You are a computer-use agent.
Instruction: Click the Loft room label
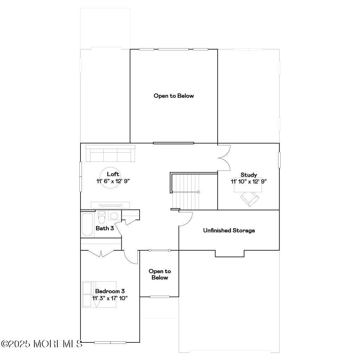pos(113,174)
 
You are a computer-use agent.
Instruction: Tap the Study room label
pos(249,175)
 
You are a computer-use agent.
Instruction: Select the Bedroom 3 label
pos(110,291)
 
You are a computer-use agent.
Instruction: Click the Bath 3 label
pos(105,228)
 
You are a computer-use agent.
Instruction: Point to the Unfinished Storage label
pos(229,231)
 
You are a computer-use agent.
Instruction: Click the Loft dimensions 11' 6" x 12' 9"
pos(113,181)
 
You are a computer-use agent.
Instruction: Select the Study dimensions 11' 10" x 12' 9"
pos(249,182)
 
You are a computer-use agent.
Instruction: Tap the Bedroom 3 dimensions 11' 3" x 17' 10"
pos(110,298)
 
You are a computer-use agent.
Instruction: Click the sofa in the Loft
pos(110,154)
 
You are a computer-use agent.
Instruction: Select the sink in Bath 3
pos(114,216)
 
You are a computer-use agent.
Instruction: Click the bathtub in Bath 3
pos(88,225)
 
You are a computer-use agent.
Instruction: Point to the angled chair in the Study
pos(250,199)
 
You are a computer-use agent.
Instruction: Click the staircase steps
pos(185,192)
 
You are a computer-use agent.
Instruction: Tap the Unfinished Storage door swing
pos(185,219)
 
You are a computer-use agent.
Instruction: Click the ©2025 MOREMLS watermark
pos(41,343)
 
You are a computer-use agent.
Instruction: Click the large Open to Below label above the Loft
pos(174,96)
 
